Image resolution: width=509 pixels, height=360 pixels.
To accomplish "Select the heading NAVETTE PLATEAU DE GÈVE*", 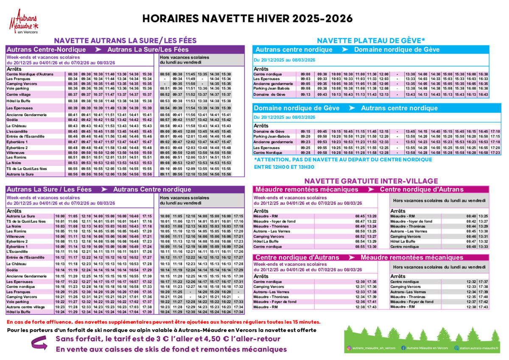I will tap(371, 41).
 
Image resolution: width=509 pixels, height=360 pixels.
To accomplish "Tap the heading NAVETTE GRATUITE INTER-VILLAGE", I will tap(371, 181).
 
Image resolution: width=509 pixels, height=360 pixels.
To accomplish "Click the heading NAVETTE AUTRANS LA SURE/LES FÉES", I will tap(125, 41).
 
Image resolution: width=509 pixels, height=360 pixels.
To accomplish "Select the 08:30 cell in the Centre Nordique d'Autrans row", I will tap(73, 74).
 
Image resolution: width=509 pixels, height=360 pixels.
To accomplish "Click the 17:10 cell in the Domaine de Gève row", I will tap(495, 131).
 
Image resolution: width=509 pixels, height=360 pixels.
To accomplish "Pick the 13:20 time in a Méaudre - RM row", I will tap(372, 216).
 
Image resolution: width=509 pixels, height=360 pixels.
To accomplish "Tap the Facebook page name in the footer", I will tap(427, 348).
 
